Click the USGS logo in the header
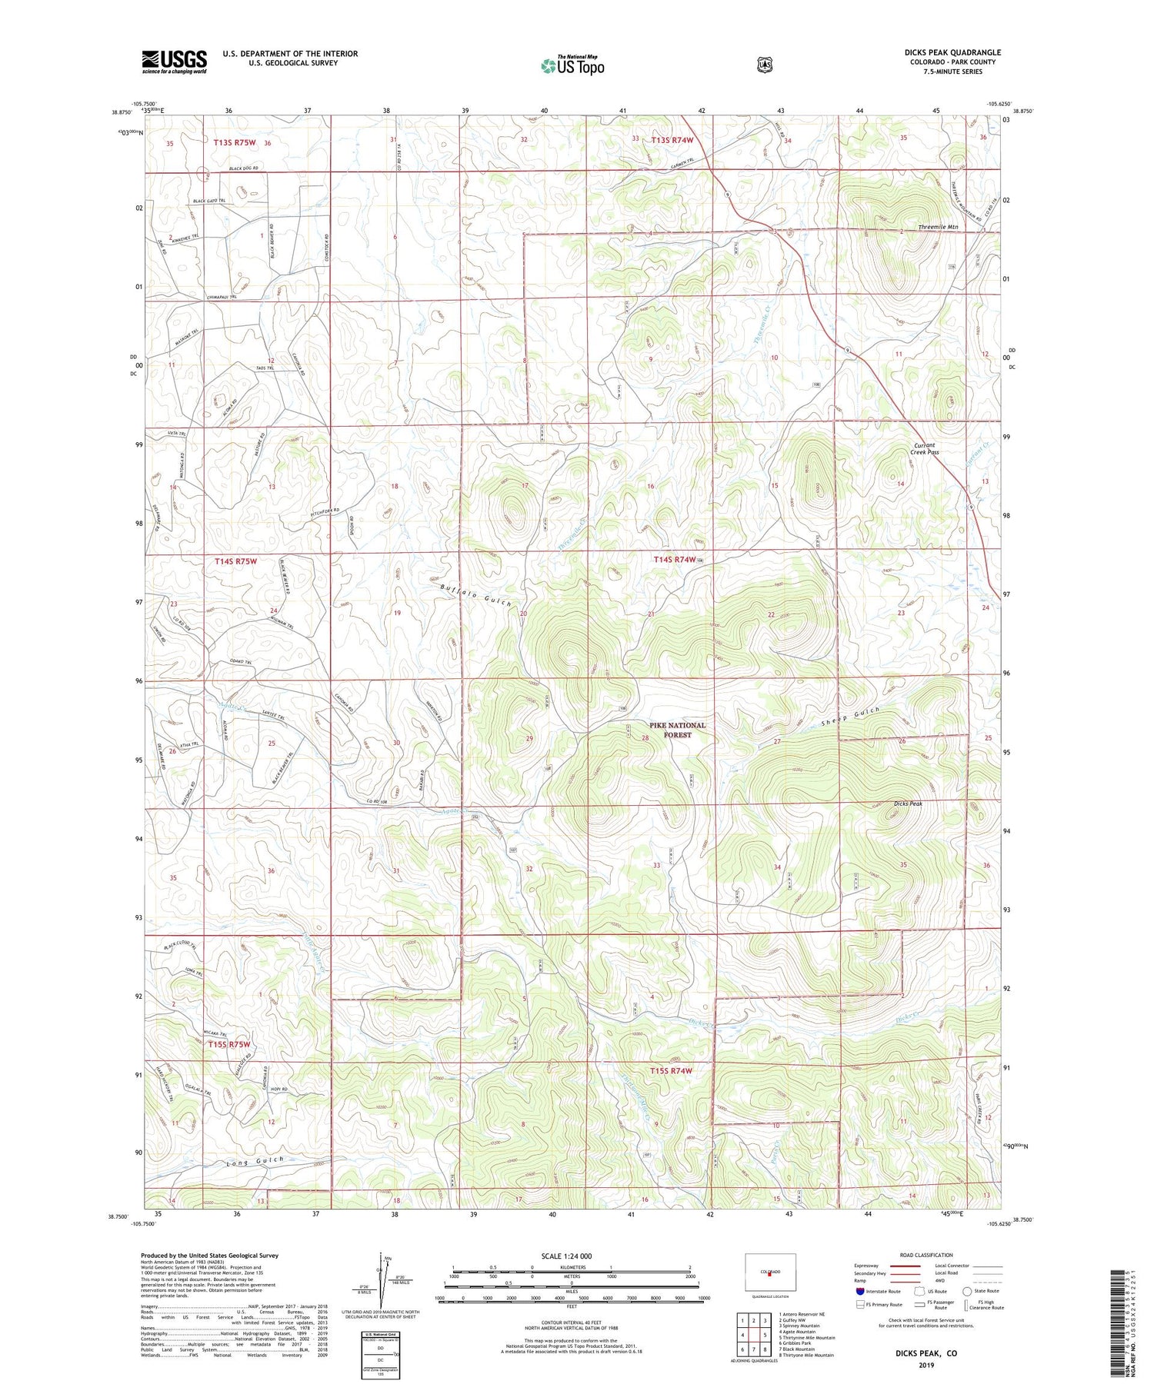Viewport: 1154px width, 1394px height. pyautogui.click(x=174, y=62)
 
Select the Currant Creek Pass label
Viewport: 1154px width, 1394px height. pyautogui.click(x=925, y=449)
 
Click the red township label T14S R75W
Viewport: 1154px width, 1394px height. pyautogui.click(x=235, y=562)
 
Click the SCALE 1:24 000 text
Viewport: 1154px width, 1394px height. pyautogui.click(x=572, y=1256)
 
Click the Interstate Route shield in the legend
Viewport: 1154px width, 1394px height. pyautogui.click(x=860, y=1291)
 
